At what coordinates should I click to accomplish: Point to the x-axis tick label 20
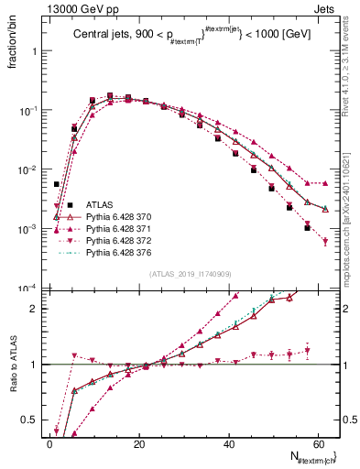(x=138, y=443)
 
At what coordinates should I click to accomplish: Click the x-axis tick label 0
(x=49, y=443)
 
